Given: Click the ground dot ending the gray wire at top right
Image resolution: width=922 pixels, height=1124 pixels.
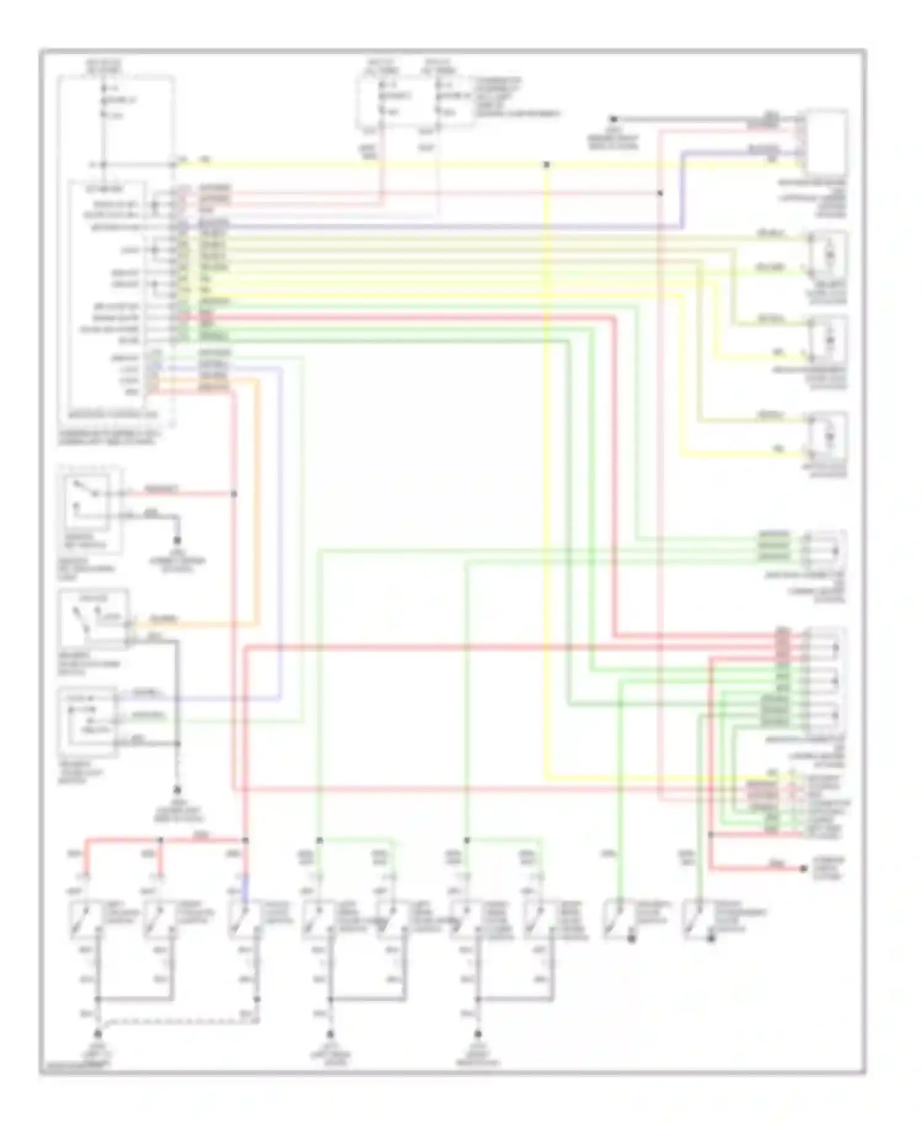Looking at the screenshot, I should [x=613, y=119].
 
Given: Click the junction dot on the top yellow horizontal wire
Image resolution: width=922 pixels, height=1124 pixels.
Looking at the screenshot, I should [x=546, y=165].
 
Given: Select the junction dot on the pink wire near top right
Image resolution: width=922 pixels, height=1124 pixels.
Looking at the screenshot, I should [x=660, y=193].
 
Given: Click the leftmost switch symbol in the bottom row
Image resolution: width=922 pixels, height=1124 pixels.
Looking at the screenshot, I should [x=80, y=920].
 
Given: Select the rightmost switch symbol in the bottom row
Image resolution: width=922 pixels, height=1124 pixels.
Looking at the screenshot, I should [x=699, y=920].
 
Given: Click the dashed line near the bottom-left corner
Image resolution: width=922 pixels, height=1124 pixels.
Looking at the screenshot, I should [x=178, y=1021].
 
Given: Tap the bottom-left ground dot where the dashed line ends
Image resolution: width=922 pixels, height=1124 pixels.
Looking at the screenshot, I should [x=97, y=1034].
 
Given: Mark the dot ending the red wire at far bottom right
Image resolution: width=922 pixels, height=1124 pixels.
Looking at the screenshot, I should [x=803, y=869].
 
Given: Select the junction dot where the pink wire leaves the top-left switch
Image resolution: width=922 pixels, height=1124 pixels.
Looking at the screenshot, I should [x=235, y=494].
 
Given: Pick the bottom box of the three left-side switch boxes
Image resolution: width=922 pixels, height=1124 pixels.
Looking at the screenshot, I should [x=88, y=721].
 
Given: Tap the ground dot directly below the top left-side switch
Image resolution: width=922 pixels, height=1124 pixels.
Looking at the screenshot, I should [x=178, y=540].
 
